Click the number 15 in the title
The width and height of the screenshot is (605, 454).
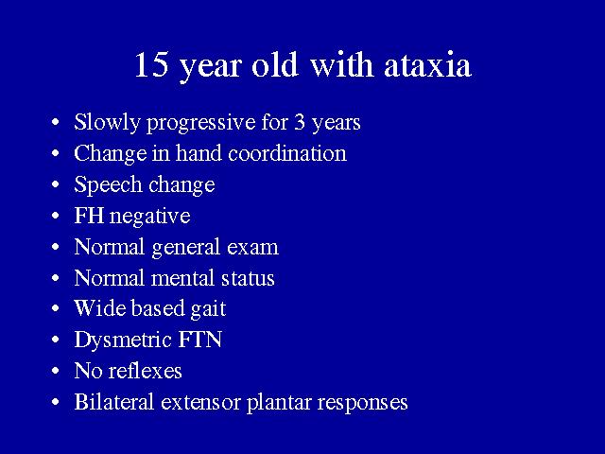(151, 64)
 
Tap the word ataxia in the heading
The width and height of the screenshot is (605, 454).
(427, 64)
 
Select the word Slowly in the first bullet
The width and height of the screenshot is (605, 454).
(107, 123)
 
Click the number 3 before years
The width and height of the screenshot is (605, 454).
(300, 122)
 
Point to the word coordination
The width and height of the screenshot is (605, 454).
(287, 153)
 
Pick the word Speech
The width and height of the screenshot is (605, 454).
(108, 185)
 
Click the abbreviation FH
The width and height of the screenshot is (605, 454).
(89, 216)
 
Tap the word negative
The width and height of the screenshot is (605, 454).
(150, 217)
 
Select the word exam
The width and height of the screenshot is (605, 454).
(252, 248)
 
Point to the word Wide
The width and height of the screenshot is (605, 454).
(100, 308)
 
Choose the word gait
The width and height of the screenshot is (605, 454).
(208, 309)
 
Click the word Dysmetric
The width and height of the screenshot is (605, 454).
(123, 340)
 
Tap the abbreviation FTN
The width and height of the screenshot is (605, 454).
(199, 340)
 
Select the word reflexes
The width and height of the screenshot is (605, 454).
(145, 371)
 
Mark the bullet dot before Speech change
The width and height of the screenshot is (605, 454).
(56, 184)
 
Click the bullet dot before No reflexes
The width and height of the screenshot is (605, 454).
(56, 371)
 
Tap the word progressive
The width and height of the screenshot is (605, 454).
(201, 124)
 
